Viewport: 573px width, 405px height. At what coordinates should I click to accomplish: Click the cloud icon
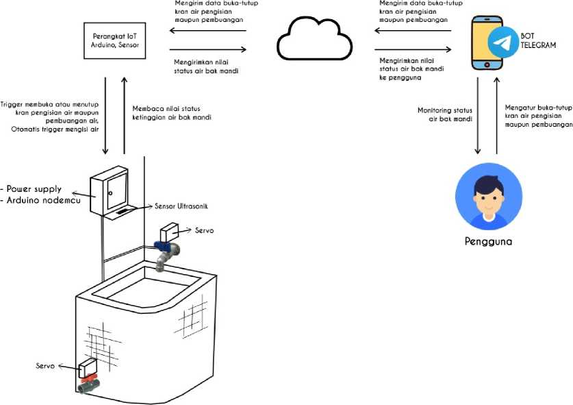309,40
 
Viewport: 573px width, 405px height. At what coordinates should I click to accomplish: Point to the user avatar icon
489,196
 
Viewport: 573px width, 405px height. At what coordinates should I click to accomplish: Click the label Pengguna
488,242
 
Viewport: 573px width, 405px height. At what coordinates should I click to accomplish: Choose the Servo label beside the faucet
203,231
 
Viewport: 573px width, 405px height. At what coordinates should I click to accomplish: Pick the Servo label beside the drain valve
46,367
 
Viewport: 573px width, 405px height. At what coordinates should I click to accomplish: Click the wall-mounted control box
109,191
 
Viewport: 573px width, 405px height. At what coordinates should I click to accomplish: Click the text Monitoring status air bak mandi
445,114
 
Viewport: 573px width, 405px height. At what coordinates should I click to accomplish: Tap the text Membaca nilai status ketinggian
171,113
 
